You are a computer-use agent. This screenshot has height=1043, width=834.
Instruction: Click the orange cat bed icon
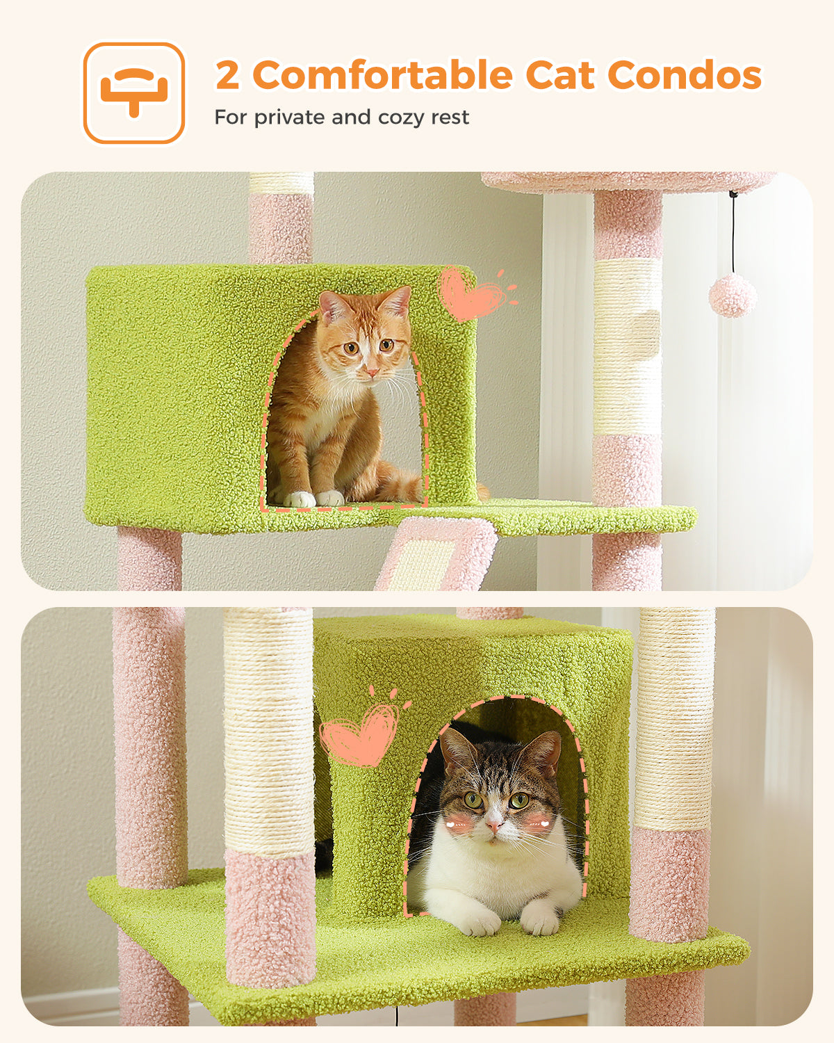click(x=133, y=92)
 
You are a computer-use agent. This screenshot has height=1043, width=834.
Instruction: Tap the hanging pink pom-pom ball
click(x=733, y=295)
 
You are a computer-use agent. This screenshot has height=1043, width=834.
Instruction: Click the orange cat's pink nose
click(x=372, y=372)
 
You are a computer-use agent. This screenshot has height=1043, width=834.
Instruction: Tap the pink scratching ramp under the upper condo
click(x=436, y=554)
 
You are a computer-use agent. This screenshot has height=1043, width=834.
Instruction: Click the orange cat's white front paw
click(x=300, y=499)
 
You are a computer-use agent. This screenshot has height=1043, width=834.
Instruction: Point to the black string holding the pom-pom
click(x=733, y=234)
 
